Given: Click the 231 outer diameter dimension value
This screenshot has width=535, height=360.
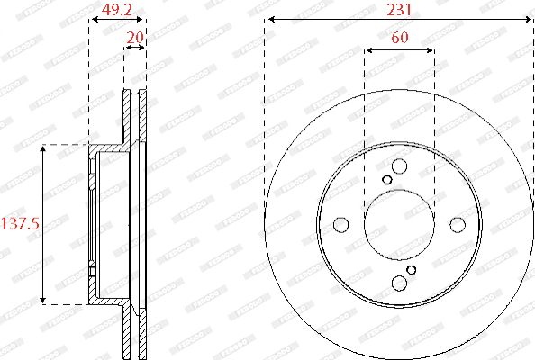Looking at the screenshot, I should coord(398,10).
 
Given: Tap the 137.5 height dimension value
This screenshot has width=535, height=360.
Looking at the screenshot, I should coord(22,224).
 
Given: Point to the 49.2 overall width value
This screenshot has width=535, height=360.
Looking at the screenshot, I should coord(117,10).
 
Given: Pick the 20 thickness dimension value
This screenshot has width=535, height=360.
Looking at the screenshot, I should coord(135,38).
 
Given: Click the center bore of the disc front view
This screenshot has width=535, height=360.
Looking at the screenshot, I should coord(399,224).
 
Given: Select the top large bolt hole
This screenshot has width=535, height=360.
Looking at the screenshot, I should coord(399,166).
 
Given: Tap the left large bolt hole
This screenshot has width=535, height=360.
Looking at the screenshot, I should coord(340,224).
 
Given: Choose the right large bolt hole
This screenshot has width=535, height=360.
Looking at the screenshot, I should coord(458,224).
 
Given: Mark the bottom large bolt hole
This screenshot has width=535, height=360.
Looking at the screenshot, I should coord(399,283).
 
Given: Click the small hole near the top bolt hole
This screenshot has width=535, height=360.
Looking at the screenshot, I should coord(387,179).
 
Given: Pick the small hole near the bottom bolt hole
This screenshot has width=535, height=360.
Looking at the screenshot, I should coord(412,269).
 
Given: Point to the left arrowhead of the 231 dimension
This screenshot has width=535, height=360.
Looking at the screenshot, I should coord(269,20).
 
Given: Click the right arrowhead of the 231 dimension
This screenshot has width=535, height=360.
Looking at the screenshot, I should coord(529,20).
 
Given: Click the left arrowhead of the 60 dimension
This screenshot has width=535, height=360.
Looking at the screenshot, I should coord(367,49).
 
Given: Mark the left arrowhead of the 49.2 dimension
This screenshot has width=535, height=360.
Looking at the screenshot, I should coord(92,20).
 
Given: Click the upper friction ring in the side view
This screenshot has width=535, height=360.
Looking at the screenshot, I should coord(135,117).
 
